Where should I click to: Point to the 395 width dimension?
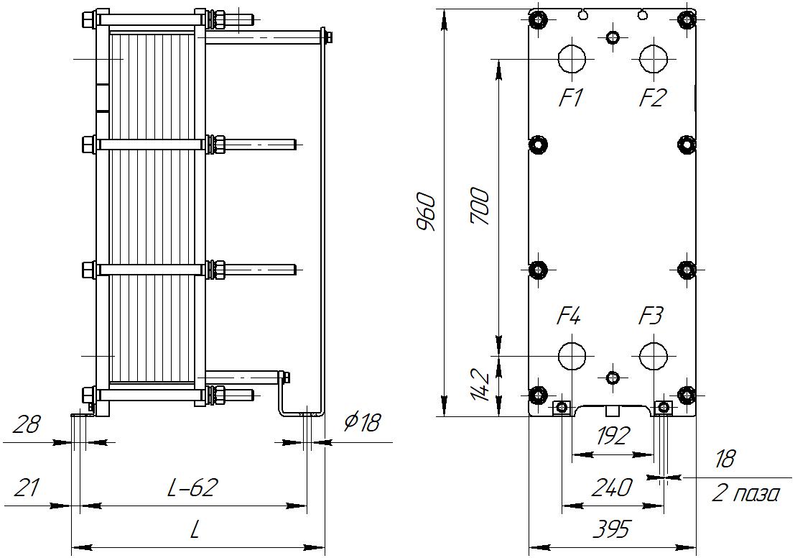pos(611,530)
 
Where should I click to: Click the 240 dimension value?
pos(611,488)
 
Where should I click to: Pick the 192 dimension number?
pos(611,436)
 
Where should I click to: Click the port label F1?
pos(572,98)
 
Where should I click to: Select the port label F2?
pos(653,98)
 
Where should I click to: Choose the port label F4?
pos(569,316)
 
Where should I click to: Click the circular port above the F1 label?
pos(572,58)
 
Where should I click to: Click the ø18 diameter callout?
pos(361,423)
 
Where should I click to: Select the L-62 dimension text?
pos(192,488)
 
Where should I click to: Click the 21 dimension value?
pos(26,488)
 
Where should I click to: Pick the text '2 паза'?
pos(745,494)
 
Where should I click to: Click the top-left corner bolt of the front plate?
pos(538,18)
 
